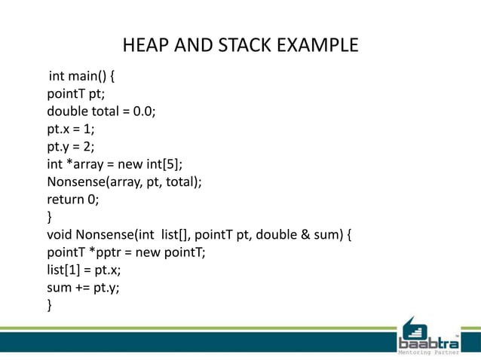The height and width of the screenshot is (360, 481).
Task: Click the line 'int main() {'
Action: tap(81, 77)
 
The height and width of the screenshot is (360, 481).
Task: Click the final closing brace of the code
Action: tap(50, 304)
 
